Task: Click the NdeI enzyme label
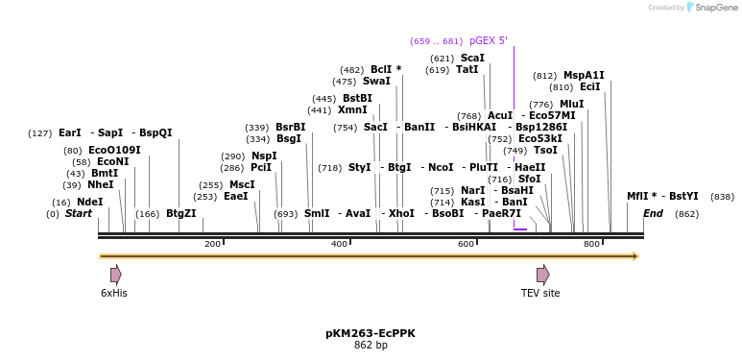click(x=89, y=202)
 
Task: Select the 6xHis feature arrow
click(x=115, y=275)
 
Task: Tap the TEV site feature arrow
click(x=542, y=275)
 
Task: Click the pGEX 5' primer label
click(x=488, y=41)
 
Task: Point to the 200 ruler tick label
click(x=212, y=244)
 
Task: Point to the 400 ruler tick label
click(x=339, y=244)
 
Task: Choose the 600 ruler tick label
click(x=466, y=244)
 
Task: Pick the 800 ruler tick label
click(x=592, y=244)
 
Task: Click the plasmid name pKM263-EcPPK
click(x=371, y=333)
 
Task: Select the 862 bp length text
click(x=371, y=345)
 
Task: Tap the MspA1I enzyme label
click(x=584, y=75)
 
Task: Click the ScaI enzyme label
click(x=472, y=59)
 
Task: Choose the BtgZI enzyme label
click(x=180, y=214)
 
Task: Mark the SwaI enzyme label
click(x=376, y=82)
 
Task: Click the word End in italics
click(x=653, y=214)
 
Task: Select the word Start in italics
click(x=79, y=214)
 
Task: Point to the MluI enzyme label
click(x=571, y=104)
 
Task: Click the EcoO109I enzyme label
click(x=114, y=150)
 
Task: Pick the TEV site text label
click(x=540, y=293)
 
